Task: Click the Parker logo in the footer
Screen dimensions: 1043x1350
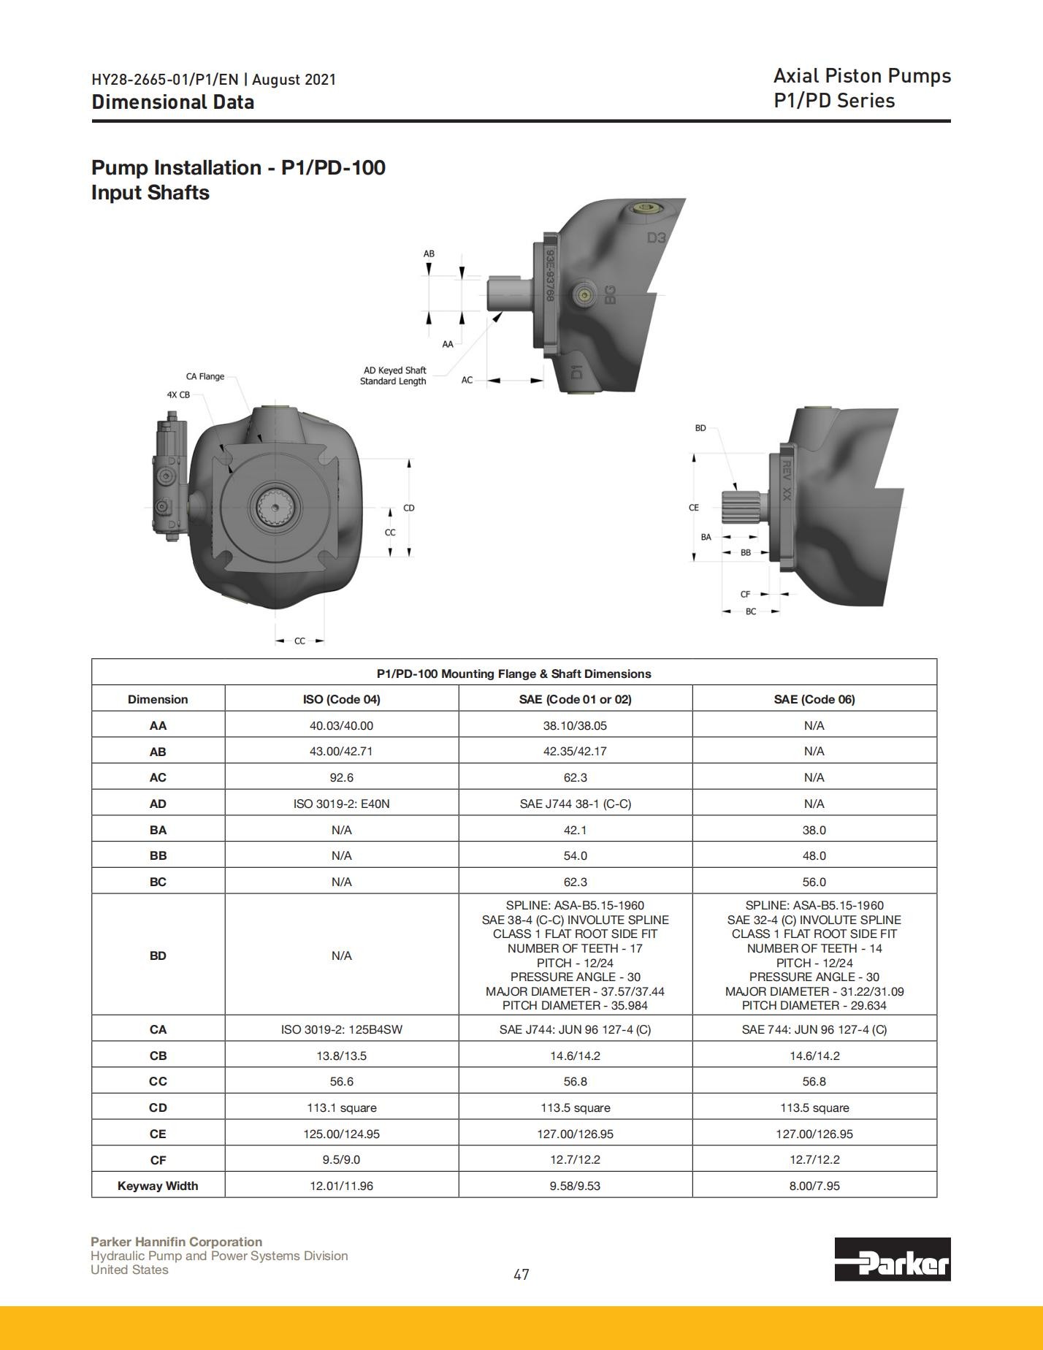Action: click(x=893, y=1259)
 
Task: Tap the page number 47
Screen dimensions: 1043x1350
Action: click(x=521, y=1275)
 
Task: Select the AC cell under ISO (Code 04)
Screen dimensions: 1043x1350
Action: click(x=341, y=777)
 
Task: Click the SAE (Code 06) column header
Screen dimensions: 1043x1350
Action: click(x=814, y=699)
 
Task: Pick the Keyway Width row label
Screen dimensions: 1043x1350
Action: click(x=158, y=1186)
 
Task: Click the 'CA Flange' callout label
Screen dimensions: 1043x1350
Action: click(x=205, y=377)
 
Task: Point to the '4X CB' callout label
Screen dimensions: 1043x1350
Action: click(x=178, y=394)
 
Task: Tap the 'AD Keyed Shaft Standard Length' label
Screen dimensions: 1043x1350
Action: click(x=393, y=375)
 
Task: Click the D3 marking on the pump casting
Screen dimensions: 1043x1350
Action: click(x=657, y=237)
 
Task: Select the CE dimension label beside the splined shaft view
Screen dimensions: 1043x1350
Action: click(x=694, y=508)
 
